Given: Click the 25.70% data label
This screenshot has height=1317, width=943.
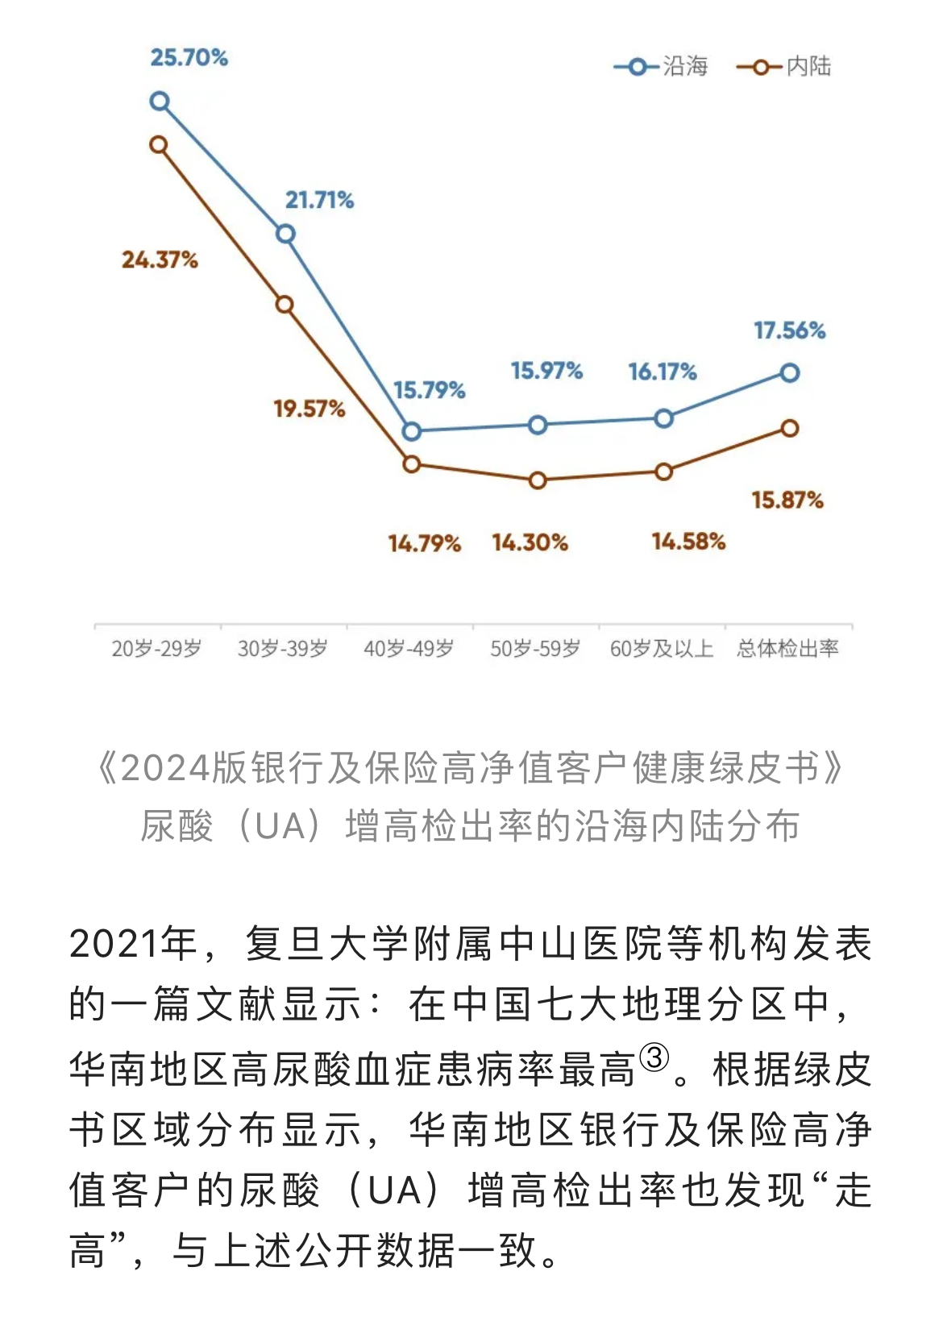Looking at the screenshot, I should tap(189, 58).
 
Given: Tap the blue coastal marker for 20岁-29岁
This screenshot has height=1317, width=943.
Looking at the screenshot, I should tap(160, 102).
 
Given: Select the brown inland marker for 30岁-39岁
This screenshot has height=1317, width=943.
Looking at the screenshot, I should tap(285, 305).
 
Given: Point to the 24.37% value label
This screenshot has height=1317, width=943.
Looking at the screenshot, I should tap(160, 260).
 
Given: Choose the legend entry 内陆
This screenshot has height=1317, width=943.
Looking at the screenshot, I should tap(784, 66).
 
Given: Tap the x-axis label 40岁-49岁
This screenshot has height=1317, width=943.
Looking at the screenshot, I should tap(409, 649).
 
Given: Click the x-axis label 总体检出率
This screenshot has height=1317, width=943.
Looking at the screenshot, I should tap(787, 649).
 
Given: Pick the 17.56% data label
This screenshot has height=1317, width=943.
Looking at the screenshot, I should tap(790, 330).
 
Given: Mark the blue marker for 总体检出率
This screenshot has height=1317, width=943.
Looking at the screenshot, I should tap(790, 372).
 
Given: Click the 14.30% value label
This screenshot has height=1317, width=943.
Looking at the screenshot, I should tap(530, 542).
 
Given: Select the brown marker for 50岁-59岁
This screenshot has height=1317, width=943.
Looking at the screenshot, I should tap(538, 480).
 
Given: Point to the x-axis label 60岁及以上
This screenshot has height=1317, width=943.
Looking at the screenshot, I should tap(662, 649).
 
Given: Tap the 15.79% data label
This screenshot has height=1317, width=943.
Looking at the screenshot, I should tap(430, 391).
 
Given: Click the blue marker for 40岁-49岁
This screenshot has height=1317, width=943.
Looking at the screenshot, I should tap(411, 431).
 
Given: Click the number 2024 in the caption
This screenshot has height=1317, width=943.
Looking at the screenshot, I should tap(166, 768).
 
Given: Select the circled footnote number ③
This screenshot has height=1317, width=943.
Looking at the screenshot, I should tap(654, 1057).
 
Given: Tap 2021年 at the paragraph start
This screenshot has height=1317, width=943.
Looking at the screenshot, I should tap(133, 943).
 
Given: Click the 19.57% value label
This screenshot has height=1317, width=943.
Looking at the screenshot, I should tap(309, 409).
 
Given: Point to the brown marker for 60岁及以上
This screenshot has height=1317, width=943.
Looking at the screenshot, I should tap(663, 472).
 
